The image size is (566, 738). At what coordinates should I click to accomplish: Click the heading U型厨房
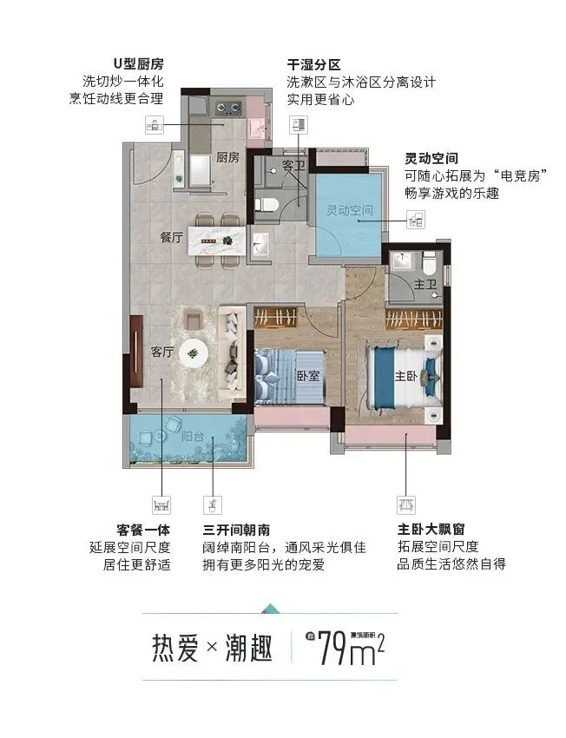(x=138, y=65)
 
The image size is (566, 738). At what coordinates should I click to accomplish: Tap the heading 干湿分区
(x=314, y=65)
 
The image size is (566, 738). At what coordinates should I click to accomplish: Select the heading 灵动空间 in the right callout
(x=431, y=159)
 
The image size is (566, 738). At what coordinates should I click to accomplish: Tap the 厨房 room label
(x=227, y=158)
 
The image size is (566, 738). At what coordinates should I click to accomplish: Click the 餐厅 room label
(x=171, y=237)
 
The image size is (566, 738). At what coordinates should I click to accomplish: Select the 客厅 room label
(x=162, y=352)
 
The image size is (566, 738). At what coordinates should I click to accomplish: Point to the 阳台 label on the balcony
(x=193, y=438)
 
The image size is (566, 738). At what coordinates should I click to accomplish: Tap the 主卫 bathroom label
(x=424, y=283)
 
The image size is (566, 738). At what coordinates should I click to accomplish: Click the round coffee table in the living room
(x=194, y=351)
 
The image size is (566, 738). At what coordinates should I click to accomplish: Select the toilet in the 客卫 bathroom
(x=267, y=204)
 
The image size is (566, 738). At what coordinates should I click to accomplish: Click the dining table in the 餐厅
(x=213, y=238)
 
